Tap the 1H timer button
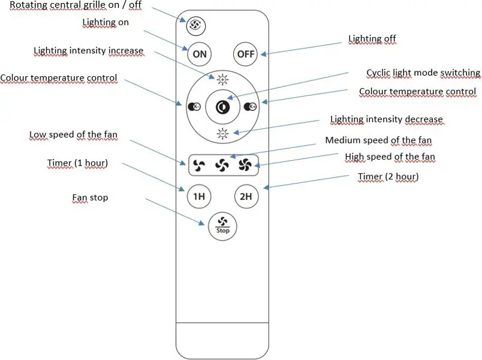pyautogui.click(x=199, y=196)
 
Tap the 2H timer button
pyautogui.click(x=245, y=196)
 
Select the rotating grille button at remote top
pyautogui.click(x=194, y=25)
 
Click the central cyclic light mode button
pyautogui.click(x=222, y=107)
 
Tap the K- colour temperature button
pyautogui.click(x=194, y=107)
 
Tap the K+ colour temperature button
pyautogui.click(x=250, y=107)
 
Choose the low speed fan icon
pyautogui.click(x=200, y=164)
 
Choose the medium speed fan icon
pyautogui.click(x=222, y=164)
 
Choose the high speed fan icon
pyautogui.click(x=245, y=164)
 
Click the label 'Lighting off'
pyautogui.click(x=372, y=39)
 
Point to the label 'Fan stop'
pyautogui.click(x=90, y=197)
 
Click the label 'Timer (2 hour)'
pyautogui.click(x=388, y=176)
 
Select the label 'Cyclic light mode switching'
pyautogui.click(x=423, y=73)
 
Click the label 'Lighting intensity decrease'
pyautogui.click(x=386, y=119)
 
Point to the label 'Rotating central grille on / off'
pyautogui.click(x=76, y=5)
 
